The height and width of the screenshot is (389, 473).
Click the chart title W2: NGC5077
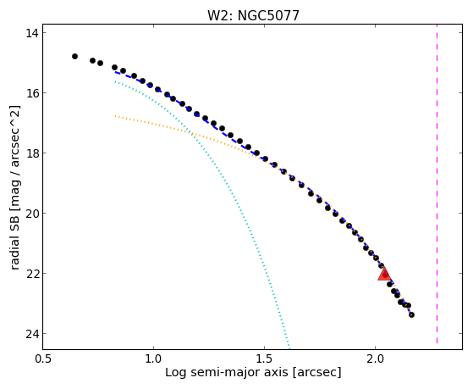(x=253, y=15)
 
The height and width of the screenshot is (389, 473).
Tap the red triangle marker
(x=385, y=274)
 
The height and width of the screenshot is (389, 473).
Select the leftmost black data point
(x=74, y=56)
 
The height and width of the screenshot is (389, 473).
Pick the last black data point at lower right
(x=411, y=315)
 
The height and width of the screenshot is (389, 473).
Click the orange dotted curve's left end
(x=115, y=116)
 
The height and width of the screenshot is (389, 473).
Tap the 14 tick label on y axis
(x=32, y=33)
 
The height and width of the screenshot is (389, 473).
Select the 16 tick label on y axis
(x=32, y=92)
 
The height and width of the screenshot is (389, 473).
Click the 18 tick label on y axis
(x=32, y=153)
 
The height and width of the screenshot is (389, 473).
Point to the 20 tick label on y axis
(x=32, y=213)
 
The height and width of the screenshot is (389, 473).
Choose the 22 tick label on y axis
(x=32, y=273)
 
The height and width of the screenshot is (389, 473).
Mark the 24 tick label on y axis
(x=32, y=333)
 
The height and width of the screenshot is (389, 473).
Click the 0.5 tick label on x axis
(x=43, y=358)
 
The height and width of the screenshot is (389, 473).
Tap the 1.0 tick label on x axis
(x=153, y=358)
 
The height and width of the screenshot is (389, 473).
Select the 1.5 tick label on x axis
(x=264, y=358)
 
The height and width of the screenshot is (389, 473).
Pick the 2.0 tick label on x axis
(x=375, y=358)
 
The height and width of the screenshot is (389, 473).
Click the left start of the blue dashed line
(x=115, y=72)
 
